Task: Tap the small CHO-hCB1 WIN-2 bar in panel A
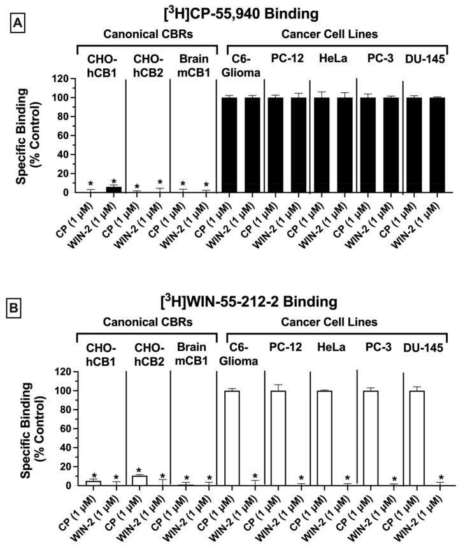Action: (x=113, y=189)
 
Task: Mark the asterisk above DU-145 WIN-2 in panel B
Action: (x=441, y=478)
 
